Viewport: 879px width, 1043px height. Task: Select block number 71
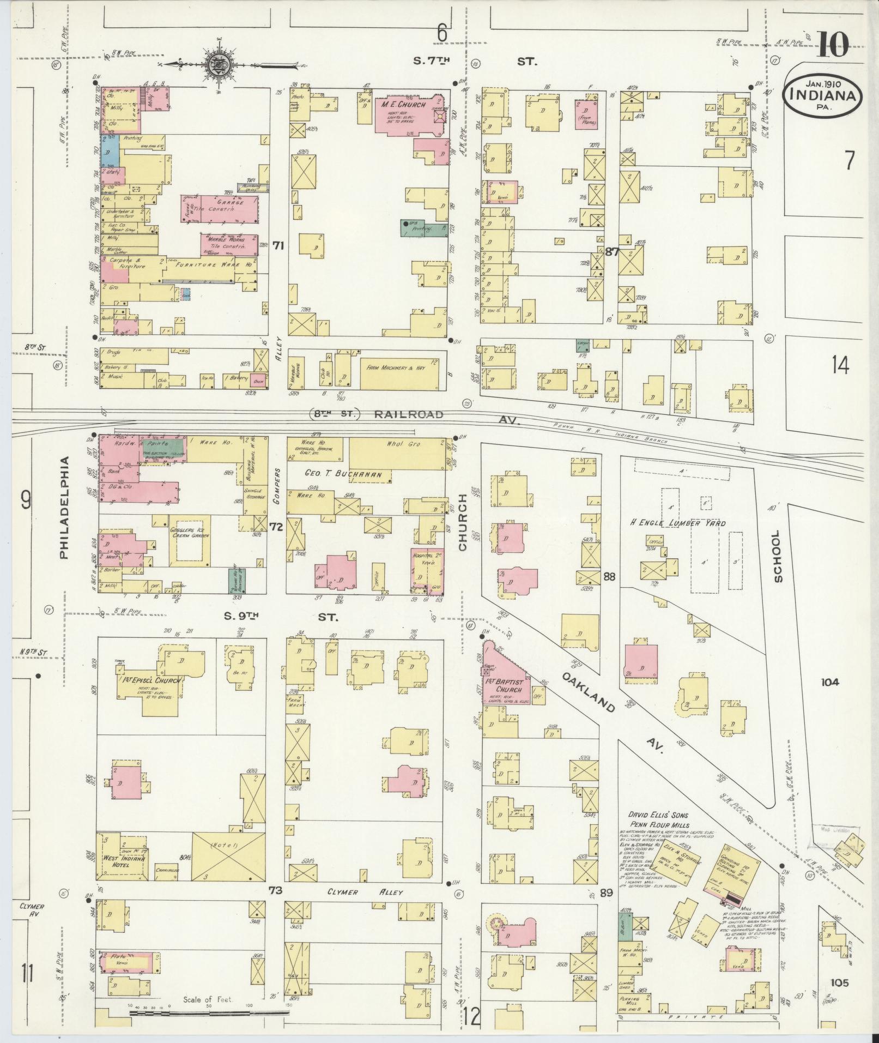(278, 246)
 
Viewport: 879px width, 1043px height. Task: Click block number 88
(609, 576)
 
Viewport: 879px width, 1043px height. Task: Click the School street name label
(776, 557)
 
